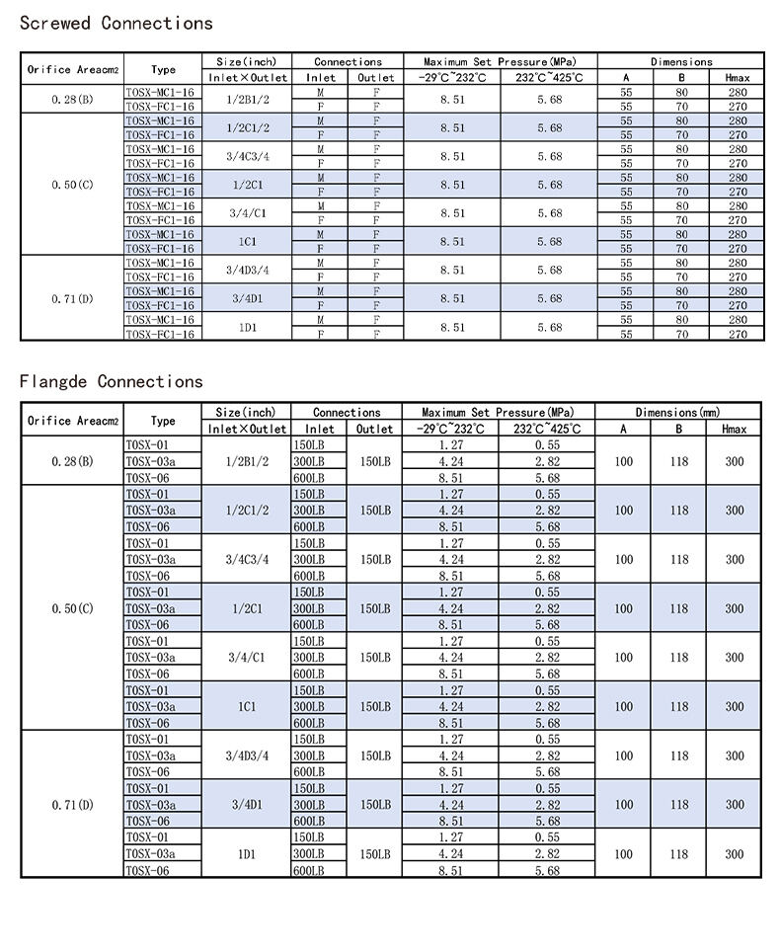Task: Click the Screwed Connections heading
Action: coord(116,23)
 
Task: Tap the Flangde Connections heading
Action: coord(111,381)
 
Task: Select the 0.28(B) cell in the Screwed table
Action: coord(72,100)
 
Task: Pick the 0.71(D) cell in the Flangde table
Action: coord(72,805)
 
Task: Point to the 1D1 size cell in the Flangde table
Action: coord(246,854)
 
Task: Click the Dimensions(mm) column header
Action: coord(677,412)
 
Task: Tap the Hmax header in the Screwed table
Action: coord(737,77)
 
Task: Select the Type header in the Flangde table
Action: coord(163,421)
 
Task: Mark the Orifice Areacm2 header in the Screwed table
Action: coord(72,69)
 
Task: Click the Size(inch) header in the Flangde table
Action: coord(246,412)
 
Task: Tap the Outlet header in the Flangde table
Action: coord(374,430)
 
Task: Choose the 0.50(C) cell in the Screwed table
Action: coord(72,185)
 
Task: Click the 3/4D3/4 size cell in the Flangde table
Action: coord(246,755)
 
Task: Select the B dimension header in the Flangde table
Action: coord(679,430)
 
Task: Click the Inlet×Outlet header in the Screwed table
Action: coord(246,77)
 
